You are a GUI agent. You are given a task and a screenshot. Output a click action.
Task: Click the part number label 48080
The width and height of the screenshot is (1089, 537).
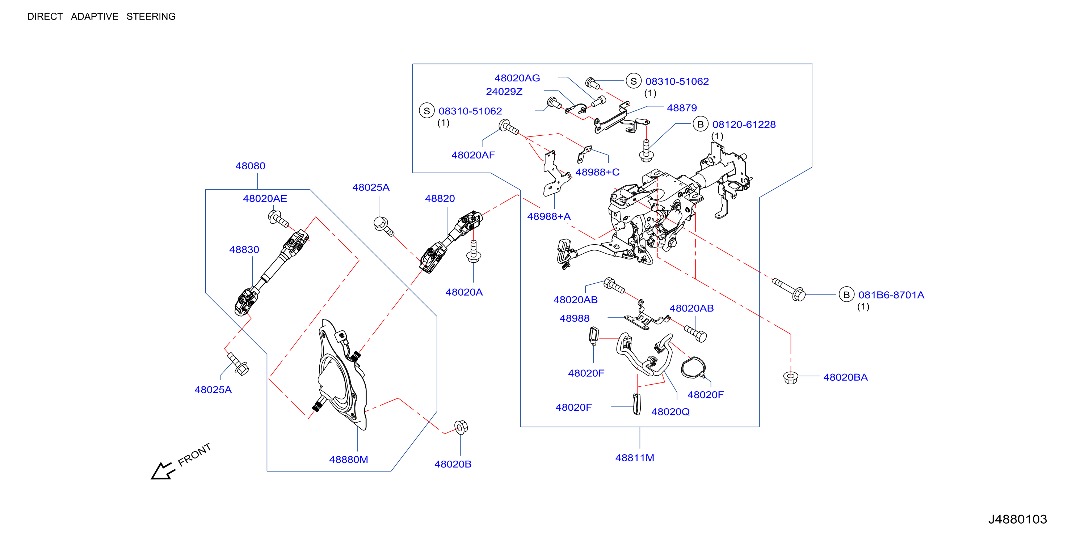point(250,166)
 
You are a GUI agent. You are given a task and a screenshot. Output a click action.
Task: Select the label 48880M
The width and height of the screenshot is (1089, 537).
point(348,459)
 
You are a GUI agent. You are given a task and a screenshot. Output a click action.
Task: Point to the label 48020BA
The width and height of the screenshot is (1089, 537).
point(845,377)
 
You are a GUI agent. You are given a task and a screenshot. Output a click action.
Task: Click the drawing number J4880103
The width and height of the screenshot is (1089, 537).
point(1018,519)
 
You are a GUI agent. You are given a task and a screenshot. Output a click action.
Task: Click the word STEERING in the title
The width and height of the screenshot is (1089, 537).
point(151,17)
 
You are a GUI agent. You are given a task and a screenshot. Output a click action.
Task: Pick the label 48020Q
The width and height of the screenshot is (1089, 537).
point(670,412)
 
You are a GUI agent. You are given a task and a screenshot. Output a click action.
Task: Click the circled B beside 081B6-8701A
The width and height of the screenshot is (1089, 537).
point(846,295)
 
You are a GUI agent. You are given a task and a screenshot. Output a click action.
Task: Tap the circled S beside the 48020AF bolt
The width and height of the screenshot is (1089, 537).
point(426,111)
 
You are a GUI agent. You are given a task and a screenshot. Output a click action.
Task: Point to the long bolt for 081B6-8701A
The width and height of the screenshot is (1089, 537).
point(789,289)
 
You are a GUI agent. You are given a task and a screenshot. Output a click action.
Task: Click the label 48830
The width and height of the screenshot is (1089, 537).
point(244,250)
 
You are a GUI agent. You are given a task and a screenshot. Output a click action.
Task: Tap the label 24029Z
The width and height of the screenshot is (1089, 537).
point(504,92)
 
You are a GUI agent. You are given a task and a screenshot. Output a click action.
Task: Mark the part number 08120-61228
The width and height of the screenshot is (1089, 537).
point(744,124)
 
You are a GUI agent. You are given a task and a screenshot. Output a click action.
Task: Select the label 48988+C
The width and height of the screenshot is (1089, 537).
point(597,172)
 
